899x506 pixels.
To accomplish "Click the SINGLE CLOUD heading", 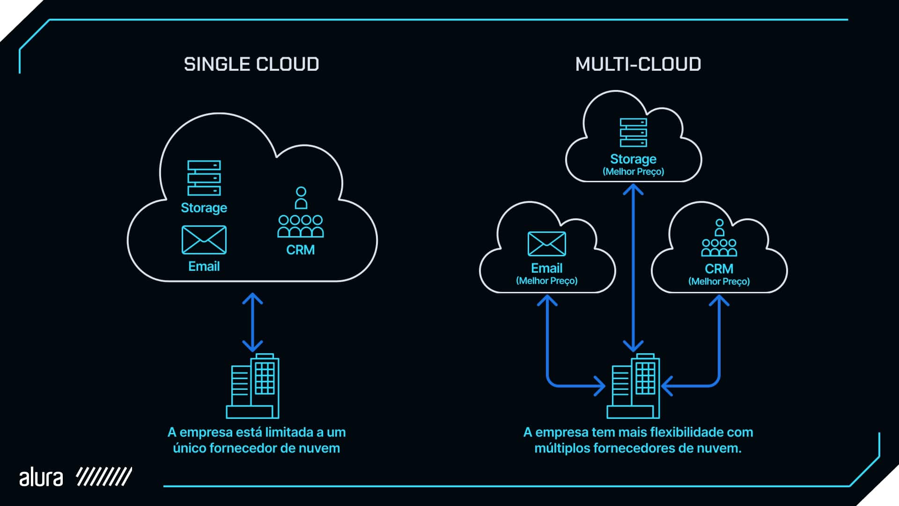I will [251, 64].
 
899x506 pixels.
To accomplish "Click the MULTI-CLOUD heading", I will [638, 64].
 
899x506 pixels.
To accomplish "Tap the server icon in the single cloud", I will [204, 178].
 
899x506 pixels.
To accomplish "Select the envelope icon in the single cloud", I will [204, 240].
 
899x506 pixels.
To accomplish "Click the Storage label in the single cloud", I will [204, 208].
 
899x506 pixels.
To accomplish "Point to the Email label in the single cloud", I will [204, 266].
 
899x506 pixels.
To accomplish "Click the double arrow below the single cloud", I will [252, 322].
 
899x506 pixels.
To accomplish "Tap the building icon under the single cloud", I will [253, 386].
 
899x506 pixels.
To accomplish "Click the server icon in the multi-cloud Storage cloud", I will [634, 133].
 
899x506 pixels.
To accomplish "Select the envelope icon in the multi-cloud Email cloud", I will [547, 244].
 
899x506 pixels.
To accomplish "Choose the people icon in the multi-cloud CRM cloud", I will [719, 238].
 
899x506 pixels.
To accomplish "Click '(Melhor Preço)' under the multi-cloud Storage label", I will [634, 171].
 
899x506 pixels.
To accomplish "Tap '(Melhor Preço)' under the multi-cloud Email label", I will [547, 281].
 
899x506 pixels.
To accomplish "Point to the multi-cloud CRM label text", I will [719, 268].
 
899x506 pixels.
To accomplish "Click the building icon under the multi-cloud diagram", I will [634, 386].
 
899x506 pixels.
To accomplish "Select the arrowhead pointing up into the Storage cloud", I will [634, 189].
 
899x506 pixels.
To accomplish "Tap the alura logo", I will [41, 477].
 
